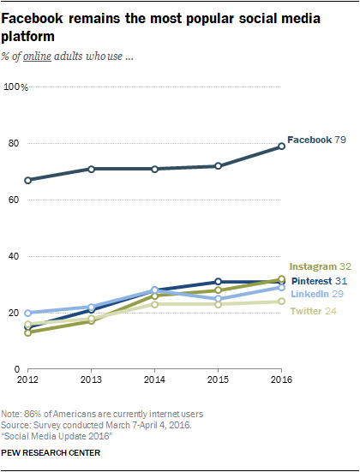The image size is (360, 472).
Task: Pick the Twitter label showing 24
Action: coord(307,310)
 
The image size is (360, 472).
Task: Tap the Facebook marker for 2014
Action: coord(154,169)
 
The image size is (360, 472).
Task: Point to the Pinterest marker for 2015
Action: coord(218,281)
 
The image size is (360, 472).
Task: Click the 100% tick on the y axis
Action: coord(16,87)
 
